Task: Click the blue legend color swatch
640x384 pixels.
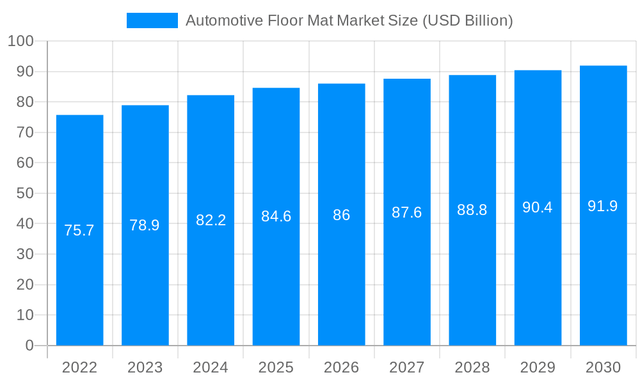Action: click(x=152, y=20)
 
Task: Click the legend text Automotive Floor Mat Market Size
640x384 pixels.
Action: click(x=349, y=20)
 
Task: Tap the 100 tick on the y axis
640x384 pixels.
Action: click(x=20, y=42)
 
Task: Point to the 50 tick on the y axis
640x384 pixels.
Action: click(x=25, y=193)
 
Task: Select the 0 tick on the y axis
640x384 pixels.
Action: click(x=29, y=346)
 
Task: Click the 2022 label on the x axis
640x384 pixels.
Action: click(x=79, y=367)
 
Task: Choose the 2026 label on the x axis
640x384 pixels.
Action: click(x=341, y=367)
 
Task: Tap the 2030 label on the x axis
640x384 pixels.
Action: click(x=603, y=367)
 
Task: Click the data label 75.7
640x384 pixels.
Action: click(x=79, y=230)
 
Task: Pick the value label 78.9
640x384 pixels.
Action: click(x=145, y=225)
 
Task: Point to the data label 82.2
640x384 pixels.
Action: click(x=211, y=220)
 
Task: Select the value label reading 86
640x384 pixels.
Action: click(x=341, y=215)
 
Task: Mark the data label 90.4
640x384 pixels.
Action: click(x=538, y=207)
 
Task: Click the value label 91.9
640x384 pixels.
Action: click(x=603, y=205)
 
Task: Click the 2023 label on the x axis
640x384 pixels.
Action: click(x=145, y=367)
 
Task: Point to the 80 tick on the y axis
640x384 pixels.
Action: click(x=25, y=102)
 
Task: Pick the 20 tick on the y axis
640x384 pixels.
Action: click(x=25, y=285)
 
